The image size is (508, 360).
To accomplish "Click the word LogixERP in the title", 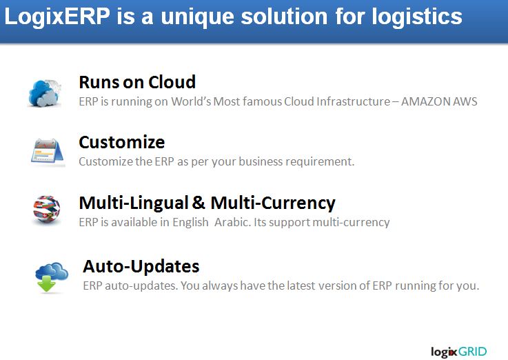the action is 57,17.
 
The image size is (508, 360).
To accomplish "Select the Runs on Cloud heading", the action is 137,82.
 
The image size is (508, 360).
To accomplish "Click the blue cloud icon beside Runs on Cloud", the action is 45,93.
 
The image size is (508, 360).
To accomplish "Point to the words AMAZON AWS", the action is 439,101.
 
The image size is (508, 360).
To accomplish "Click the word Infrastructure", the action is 353,101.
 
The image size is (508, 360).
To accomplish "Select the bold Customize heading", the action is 122,142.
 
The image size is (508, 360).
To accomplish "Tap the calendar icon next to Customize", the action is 48,152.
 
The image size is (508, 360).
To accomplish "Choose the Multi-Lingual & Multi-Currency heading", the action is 207,203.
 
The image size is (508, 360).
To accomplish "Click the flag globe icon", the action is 47,210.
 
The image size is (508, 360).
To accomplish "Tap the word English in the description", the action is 190,223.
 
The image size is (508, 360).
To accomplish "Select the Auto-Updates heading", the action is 141,267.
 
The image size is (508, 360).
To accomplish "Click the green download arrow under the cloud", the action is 46,284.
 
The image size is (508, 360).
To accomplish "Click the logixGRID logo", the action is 458,352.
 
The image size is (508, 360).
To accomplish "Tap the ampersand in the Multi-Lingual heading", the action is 199,203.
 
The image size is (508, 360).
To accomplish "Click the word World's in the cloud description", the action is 191,101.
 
